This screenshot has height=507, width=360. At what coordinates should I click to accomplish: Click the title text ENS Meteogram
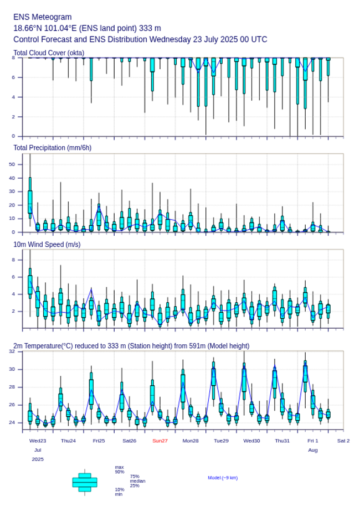coord(43,17)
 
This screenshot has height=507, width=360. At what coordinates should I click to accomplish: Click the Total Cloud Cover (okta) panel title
coord(49,53)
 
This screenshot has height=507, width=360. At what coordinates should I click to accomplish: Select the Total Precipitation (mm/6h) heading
coord(53,147)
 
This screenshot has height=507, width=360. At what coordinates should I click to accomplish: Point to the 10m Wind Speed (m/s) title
coord(47,244)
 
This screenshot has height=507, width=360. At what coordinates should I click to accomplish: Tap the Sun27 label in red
coord(160,441)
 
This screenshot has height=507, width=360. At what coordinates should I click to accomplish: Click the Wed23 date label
coord(38,441)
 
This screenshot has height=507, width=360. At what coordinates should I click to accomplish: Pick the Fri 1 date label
coord(313,441)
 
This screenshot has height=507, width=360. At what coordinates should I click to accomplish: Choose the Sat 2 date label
coord(343,441)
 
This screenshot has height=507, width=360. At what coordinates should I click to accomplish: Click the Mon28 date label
coord(191,441)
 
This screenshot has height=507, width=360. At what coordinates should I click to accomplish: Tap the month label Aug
coord(313,450)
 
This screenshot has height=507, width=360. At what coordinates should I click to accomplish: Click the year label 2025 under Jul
coord(38,459)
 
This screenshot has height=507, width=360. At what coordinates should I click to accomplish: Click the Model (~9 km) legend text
coord(223,478)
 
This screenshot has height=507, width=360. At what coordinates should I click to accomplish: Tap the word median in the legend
coord(137,481)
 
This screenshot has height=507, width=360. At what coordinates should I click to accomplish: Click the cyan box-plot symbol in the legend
coord(85,482)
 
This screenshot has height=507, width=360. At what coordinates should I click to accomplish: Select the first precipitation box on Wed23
coord(30,201)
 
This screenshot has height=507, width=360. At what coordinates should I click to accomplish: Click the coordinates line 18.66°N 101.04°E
coord(87,28)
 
